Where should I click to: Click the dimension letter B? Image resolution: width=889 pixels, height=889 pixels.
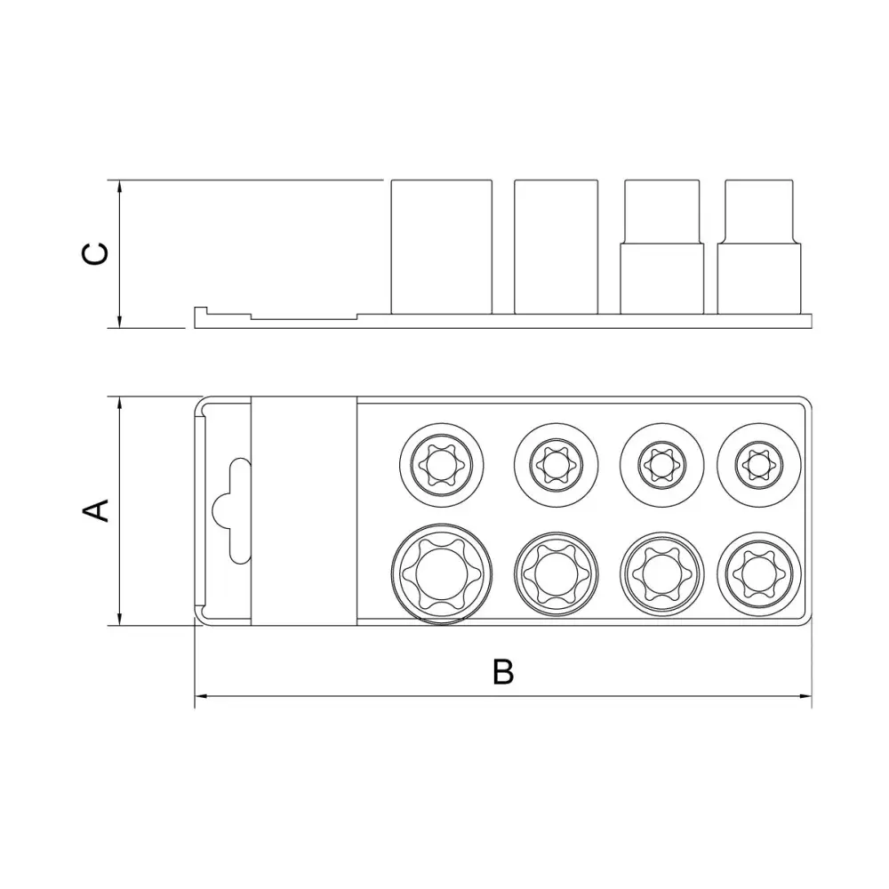click(x=503, y=671)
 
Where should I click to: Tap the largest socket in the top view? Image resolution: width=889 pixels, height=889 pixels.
click(x=442, y=573)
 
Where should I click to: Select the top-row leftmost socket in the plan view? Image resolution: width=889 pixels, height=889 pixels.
click(x=442, y=465)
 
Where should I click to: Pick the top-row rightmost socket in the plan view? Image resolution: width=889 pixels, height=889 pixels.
click(x=759, y=465)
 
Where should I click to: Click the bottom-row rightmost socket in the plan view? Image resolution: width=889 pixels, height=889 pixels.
click(x=759, y=573)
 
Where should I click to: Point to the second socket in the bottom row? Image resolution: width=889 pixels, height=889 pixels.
click(x=557, y=573)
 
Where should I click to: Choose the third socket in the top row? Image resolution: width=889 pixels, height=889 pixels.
click(x=661, y=465)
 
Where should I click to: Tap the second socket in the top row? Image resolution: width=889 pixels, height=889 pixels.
click(x=557, y=465)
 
